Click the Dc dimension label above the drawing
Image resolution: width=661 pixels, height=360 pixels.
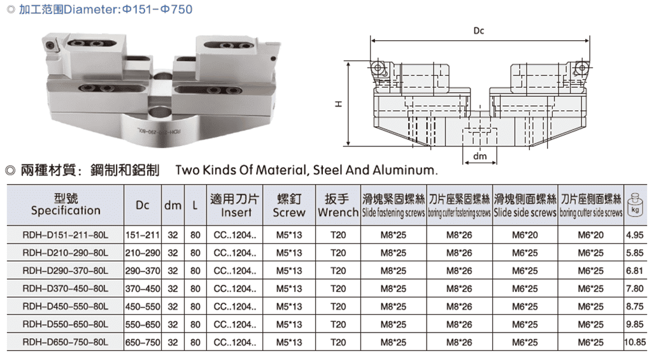(x=478, y=31)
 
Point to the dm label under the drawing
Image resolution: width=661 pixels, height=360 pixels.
(x=480, y=156)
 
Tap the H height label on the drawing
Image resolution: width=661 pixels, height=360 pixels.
(x=339, y=104)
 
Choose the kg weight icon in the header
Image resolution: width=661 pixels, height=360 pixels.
(x=635, y=205)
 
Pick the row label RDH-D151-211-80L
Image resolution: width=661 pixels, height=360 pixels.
(x=66, y=235)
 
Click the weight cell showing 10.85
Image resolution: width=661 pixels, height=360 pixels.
(x=635, y=342)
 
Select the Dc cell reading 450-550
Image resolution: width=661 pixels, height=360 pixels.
(x=143, y=307)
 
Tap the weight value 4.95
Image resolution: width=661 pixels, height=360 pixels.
(x=635, y=235)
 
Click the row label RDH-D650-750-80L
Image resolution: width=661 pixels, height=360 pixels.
(x=66, y=342)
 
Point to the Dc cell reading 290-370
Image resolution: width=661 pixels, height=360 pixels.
(x=143, y=271)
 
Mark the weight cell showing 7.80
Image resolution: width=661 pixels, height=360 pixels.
(x=635, y=289)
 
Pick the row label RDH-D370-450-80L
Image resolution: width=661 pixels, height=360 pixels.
(x=66, y=289)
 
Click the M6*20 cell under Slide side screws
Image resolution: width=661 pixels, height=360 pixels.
(x=525, y=235)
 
